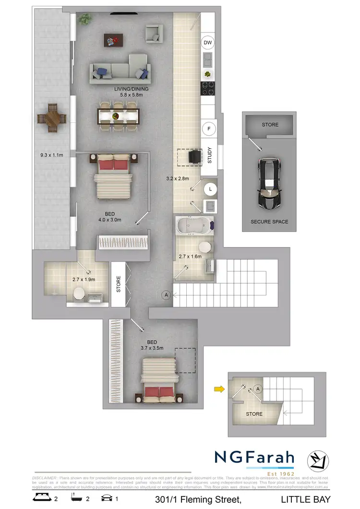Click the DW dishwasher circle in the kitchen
click(208, 43)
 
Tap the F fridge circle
click(208, 129)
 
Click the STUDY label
click(210, 155)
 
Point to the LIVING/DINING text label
click(131, 89)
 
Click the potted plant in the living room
click(85, 19)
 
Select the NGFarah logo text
click(254, 457)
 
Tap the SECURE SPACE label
click(270, 222)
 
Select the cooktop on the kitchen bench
click(208, 88)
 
